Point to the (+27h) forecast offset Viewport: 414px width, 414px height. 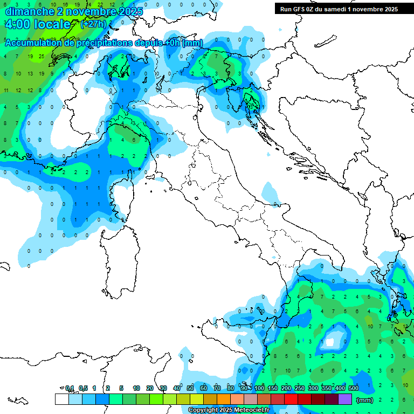pos(93,24)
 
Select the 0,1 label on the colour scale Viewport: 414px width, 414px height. pos(70,388)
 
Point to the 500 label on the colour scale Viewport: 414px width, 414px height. pos(354,388)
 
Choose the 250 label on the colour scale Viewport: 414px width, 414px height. pos(300,388)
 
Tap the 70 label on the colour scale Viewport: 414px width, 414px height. pos(217,388)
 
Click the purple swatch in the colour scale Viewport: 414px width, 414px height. pos(345,399)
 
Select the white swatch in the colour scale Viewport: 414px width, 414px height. pos(61,399)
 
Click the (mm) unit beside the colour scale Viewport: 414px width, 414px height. pos(365,400)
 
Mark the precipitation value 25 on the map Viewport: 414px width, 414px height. pos(42,56)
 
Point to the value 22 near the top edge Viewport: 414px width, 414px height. pos(100,4)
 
